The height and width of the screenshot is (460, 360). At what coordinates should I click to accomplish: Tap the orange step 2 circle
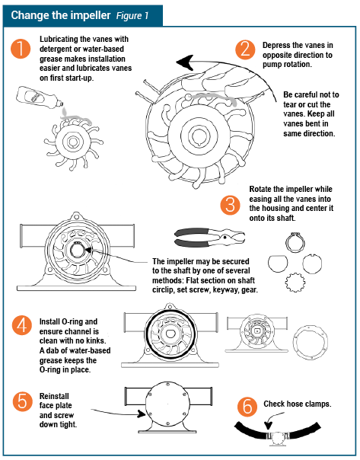(244, 50)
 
